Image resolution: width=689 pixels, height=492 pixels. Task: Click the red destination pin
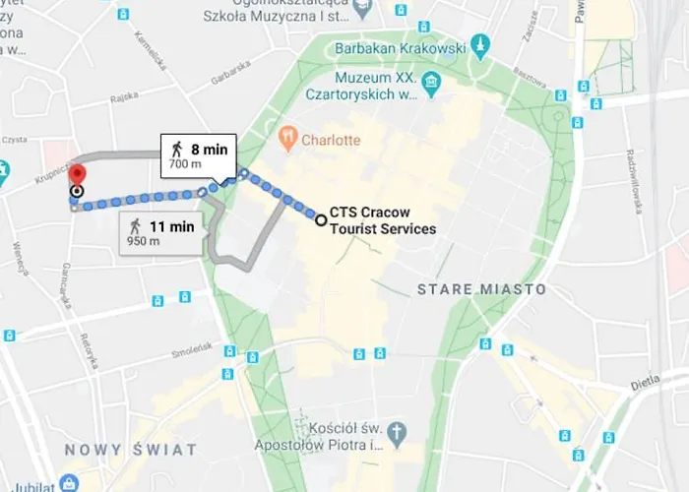pyautogui.click(x=77, y=174)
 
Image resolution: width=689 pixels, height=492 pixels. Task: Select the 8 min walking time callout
pyautogui.click(x=200, y=154)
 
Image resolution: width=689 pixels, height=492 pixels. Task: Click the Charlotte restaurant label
pyautogui.click(x=331, y=140)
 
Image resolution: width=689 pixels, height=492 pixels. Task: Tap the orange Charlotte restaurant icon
pyautogui.click(x=288, y=139)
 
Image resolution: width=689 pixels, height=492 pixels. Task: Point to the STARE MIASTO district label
pyautogui.click(x=481, y=289)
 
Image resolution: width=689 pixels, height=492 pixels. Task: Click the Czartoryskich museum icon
pyautogui.click(x=430, y=80)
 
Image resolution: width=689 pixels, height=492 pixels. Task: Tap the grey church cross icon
pyautogui.click(x=396, y=432)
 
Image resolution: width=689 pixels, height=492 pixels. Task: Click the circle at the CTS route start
pyautogui.click(x=321, y=220)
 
